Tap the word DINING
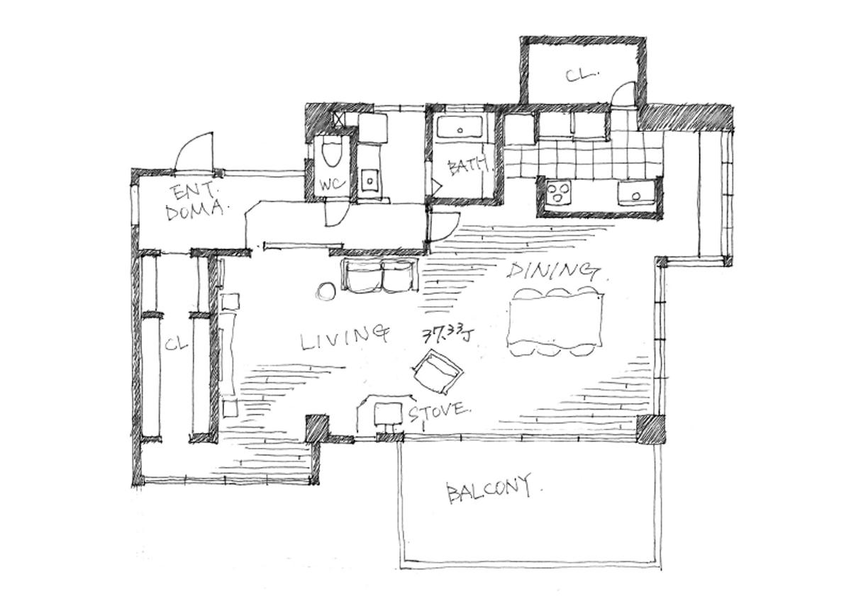(553, 269)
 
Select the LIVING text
(344, 337)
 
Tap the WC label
(333, 185)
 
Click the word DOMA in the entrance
(194, 211)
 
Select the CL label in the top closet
(581, 74)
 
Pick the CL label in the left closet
(177, 344)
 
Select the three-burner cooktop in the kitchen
(559, 191)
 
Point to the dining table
(555, 322)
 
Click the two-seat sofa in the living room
(380, 275)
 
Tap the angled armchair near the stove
(438, 372)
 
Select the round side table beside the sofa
(326, 293)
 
